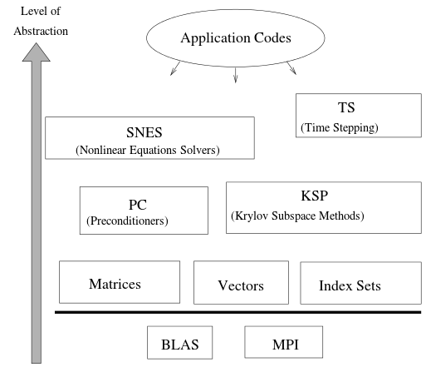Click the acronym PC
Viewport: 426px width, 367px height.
pyautogui.click(x=138, y=205)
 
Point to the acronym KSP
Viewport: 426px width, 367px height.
pyautogui.click(x=315, y=196)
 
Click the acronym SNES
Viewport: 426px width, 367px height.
pyautogui.click(x=144, y=132)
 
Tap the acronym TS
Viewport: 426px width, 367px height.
pyautogui.click(x=346, y=107)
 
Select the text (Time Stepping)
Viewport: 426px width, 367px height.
pyautogui.click(x=340, y=127)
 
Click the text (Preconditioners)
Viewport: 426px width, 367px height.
pyautogui.click(x=127, y=221)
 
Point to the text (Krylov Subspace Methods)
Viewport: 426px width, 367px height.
pyautogui.click(x=297, y=216)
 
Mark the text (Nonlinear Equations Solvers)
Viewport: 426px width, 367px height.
pyautogui.click(x=148, y=150)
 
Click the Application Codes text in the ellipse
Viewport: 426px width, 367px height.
pyautogui.click(x=236, y=37)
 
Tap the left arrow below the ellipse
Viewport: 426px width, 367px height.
pyautogui.click(x=175, y=68)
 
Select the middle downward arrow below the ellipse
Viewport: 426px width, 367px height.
pyautogui.click(x=236, y=75)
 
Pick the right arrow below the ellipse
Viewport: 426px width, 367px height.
pyautogui.click(x=291, y=68)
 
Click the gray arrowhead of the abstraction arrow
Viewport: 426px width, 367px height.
pyautogui.click(x=37, y=52)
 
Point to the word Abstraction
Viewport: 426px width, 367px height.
pyautogui.click(x=41, y=31)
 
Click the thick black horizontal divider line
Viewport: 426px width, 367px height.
pyautogui.click(x=238, y=312)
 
